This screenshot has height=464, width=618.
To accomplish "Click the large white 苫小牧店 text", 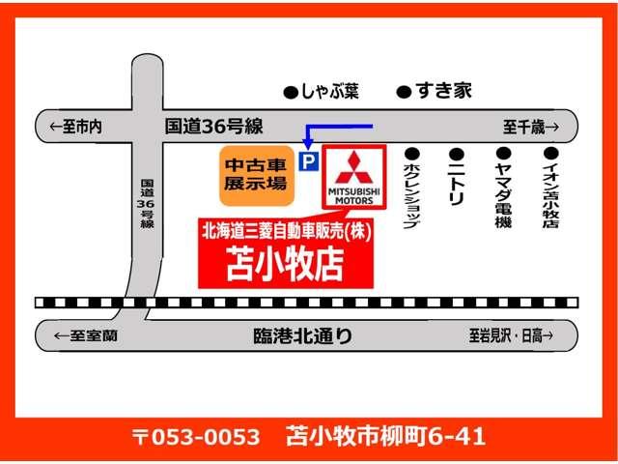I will click(285, 264).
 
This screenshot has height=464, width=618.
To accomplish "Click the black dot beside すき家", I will click(404, 93).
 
